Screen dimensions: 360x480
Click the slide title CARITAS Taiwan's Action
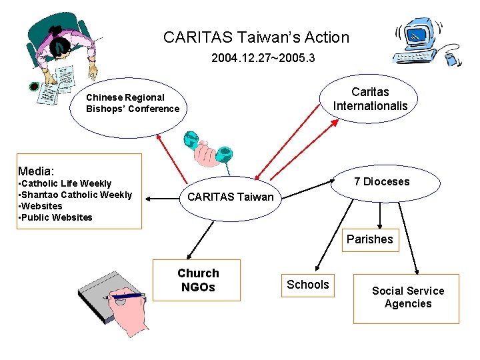click(x=256, y=37)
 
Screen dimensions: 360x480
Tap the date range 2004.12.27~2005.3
click(x=263, y=59)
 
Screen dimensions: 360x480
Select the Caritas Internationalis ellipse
click(x=370, y=99)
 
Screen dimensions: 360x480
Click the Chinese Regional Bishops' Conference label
click(x=133, y=103)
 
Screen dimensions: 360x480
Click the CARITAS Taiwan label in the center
click(x=230, y=197)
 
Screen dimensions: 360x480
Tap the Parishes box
click(x=369, y=239)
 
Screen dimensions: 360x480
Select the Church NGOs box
click(x=197, y=280)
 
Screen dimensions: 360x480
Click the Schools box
click(x=307, y=285)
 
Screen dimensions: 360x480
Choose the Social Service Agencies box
click(x=407, y=297)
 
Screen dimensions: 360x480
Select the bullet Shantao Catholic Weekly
click(x=75, y=195)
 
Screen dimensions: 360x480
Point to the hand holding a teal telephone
click(x=208, y=151)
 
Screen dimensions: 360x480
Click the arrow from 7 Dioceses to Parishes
click(x=380, y=215)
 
